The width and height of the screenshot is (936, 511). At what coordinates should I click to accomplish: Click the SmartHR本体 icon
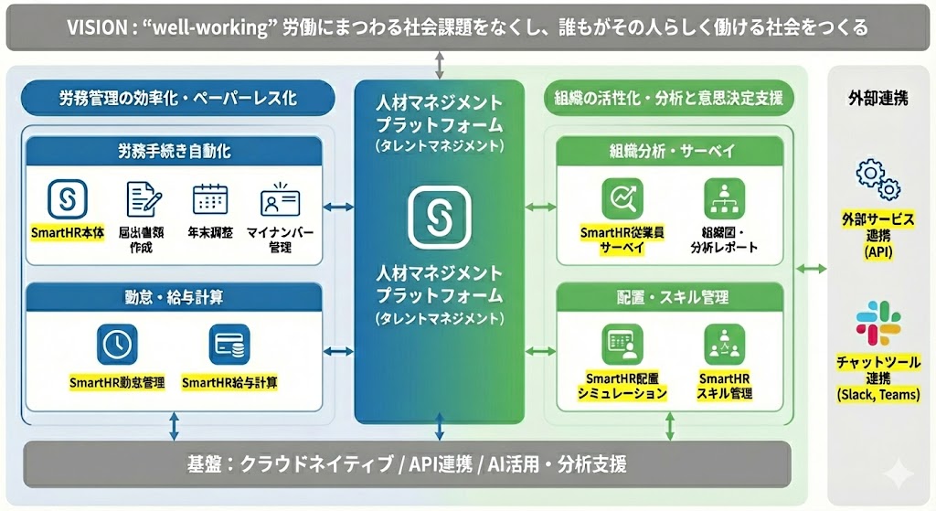tap(67, 198)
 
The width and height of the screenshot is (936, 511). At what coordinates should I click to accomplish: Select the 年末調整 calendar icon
tap(209, 198)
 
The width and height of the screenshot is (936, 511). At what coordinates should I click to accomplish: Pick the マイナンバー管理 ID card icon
tap(280, 198)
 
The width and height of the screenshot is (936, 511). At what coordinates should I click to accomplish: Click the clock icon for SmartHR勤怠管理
tap(116, 345)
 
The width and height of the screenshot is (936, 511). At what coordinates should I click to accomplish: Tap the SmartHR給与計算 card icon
tap(229, 345)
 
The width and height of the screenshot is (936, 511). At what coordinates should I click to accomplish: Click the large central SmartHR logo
tap(440, 217)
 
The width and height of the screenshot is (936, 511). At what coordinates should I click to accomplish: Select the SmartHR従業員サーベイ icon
tap(622, 198)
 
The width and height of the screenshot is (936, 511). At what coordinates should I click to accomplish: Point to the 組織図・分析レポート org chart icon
tap(725, 198)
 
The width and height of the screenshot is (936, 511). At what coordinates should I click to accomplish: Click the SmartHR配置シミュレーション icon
tap(622, 345)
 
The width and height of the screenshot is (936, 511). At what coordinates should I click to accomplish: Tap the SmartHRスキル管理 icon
tap(725, 345)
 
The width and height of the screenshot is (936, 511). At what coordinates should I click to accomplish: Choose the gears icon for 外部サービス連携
tap(877, 179)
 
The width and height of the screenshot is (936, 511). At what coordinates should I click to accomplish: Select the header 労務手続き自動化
tap(174, 151)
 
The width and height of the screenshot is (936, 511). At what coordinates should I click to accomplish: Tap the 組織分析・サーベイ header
tap(672, 151)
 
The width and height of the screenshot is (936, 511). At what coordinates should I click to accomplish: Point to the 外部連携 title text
tap(877, 98)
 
